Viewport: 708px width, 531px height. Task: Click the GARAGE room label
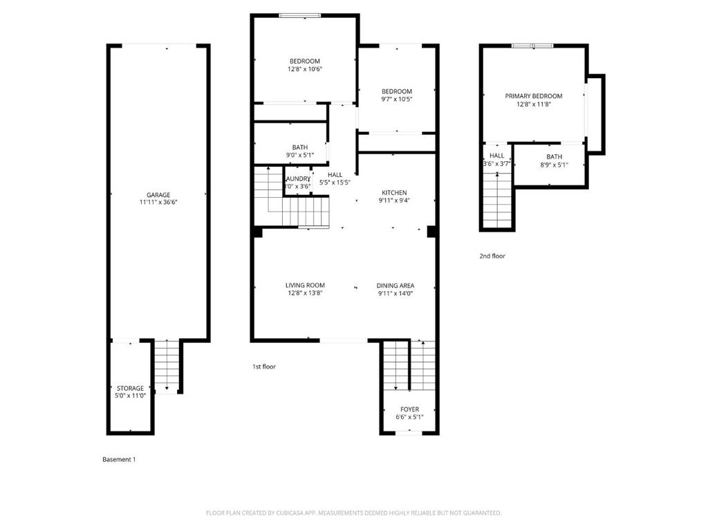point(158,195)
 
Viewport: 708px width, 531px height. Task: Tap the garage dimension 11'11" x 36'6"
point(158,203)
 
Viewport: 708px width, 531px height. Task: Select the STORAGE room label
point(130,389)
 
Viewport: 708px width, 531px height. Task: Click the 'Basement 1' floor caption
point(119,459)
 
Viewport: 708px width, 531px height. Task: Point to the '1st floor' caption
point(263,366)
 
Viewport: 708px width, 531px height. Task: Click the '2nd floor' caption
point(492,256)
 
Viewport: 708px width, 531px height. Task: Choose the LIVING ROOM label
point(305,285)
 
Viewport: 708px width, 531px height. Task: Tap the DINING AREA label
point(395,285)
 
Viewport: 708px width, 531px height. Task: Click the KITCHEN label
point(394,193)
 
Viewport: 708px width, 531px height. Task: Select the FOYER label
point(409,409)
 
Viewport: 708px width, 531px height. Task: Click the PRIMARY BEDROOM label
point(533,96)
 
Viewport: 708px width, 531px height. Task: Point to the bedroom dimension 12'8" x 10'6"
point(305,69)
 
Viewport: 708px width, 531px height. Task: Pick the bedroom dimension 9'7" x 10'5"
point(397,99)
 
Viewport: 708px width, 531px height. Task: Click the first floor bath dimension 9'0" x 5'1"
point(299,155)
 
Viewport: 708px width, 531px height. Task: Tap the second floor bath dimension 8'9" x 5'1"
point(554,165)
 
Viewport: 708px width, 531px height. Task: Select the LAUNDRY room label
point(298,178)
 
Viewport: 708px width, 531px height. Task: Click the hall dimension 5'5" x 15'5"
point(335,183)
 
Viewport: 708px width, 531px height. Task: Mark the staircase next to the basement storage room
point(166,365)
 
